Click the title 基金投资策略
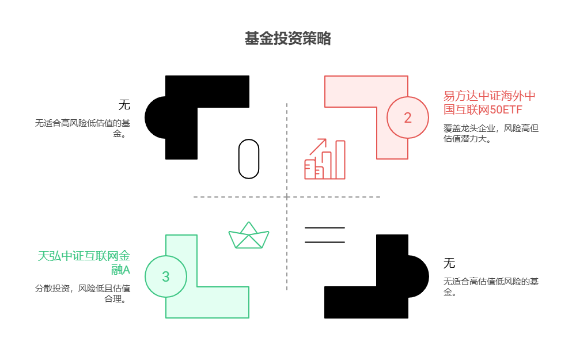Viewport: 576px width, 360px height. [x=288, y=39]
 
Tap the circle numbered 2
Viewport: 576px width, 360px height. [x=408, y=118]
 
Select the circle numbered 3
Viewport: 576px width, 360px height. [x=166, y=276]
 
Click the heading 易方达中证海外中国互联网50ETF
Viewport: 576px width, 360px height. [x=490, y=103]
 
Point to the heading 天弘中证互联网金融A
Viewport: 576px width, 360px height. [x=84, y=263]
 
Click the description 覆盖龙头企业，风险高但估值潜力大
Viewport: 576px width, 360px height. [x=491, y=133]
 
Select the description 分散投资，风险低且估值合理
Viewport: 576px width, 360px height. [x=82, y=293]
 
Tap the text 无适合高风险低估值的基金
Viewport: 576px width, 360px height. [x=82, y=128]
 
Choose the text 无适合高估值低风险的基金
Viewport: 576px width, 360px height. [x=491, y=286]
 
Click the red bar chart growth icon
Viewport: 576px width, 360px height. [x=325, y=160]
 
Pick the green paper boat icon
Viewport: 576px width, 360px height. [x=249, y=236]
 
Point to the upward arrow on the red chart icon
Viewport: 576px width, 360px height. [x=319, y=146]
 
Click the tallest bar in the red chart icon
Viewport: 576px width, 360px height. [x=340, y=160]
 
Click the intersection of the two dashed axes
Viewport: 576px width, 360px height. [x=287, y=197]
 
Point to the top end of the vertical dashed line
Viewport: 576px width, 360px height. [x=287, y=104]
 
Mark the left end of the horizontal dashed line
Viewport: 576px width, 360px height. [x=195, y=197]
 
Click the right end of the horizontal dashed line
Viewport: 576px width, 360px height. [x=379, y=197]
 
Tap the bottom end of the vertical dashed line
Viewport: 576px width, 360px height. [x=287, y=289]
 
